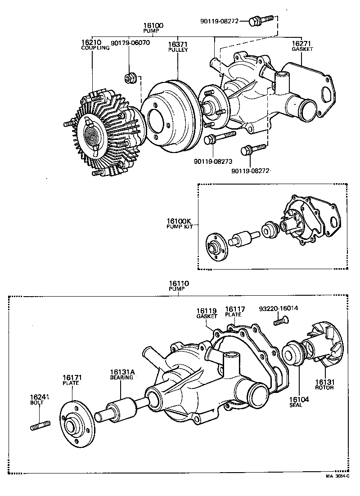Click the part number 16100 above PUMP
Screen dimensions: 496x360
(153, 26)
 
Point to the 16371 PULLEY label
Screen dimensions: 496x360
(178, 47)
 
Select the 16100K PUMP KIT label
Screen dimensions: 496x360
(179, 224)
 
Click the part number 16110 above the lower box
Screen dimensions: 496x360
(179, 284)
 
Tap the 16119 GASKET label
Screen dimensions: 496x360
(207, 313)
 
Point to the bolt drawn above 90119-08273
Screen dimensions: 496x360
(220, 137)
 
